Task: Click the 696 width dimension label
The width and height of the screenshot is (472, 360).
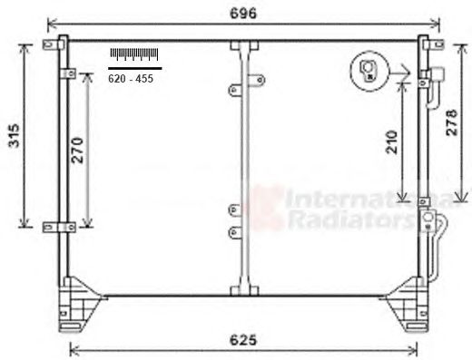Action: pos(243,14)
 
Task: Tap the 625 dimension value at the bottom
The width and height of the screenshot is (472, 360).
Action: pos(243,340)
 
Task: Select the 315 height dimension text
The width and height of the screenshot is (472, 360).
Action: pos(14,135)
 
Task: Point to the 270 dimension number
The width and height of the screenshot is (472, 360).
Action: pos(77,151)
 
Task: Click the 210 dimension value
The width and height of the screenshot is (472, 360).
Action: pos(392,142)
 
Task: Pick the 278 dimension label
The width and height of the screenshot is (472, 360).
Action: pos(452,122)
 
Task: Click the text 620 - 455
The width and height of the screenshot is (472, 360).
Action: pos(131,79)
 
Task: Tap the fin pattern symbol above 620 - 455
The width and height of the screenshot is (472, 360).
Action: pos(134,54)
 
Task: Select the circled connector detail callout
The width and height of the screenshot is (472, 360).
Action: pos(369,71)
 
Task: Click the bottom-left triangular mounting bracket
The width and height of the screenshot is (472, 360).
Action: pos(79,304)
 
